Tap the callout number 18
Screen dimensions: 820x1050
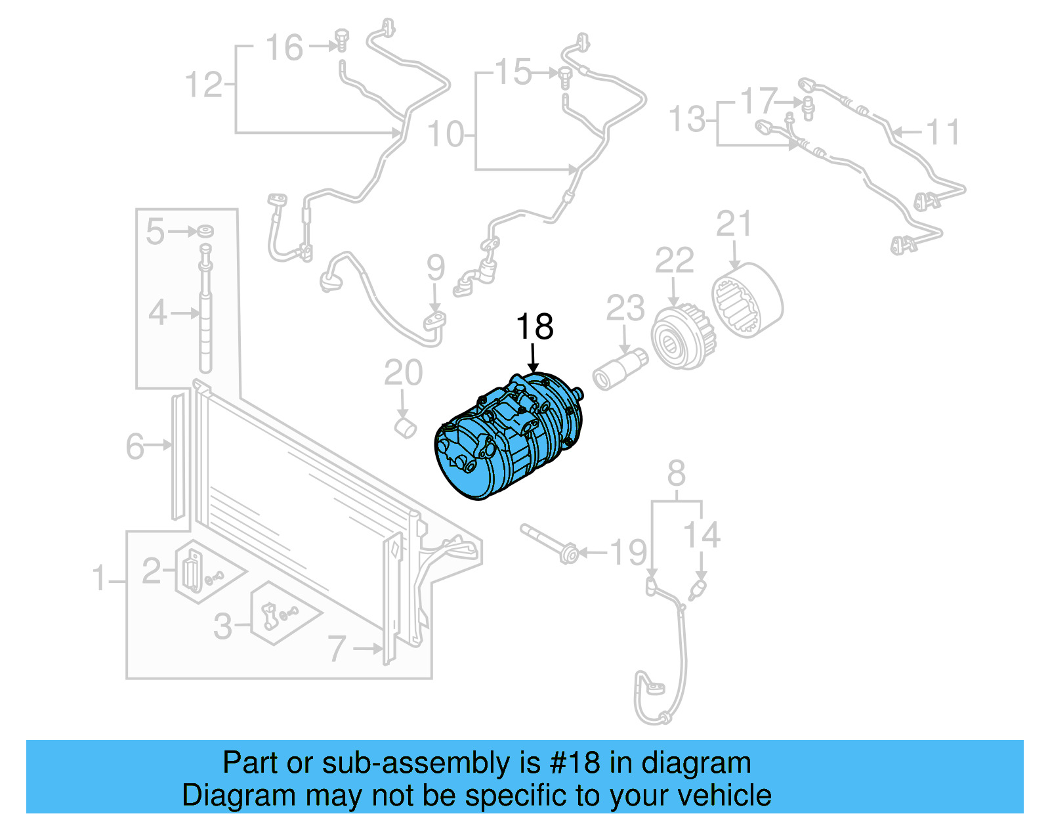tap(534, 326)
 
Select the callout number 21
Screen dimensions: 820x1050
tap(733, 225)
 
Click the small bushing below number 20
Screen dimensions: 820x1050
tap(406, 429)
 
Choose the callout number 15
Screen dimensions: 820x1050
tap(513, 72)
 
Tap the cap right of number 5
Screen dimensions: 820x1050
tap(206, 230)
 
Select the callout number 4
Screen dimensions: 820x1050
tap(157, 313)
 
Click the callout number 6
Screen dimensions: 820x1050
tap(135, 446)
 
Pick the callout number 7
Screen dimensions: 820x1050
tap(336, 649)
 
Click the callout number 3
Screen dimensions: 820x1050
tap(222, 626)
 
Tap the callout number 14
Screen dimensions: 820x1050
tap(702, 534)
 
